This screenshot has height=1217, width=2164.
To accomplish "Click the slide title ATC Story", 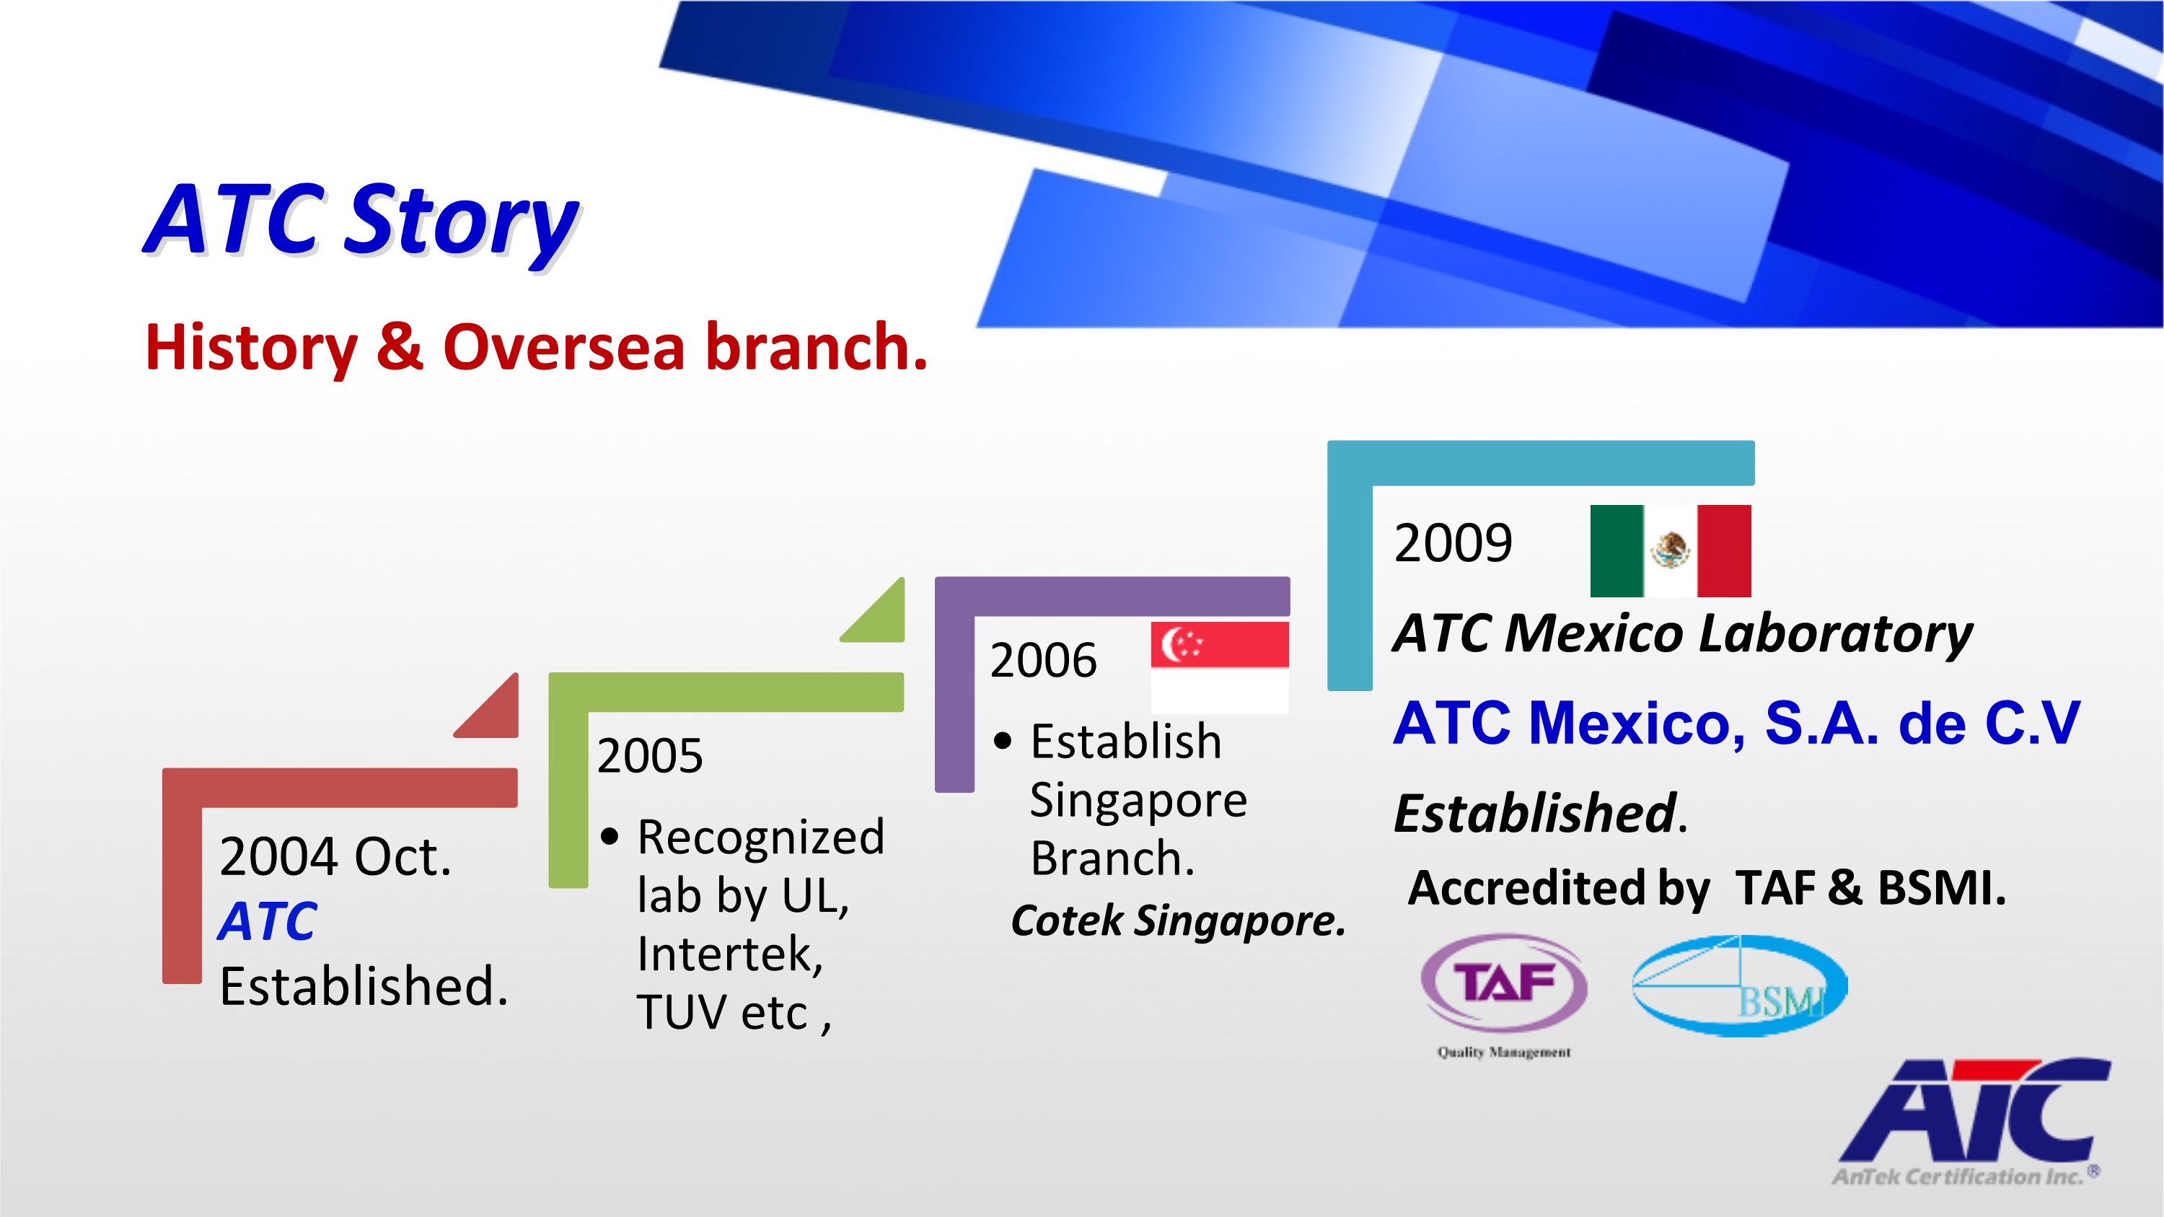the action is click(361, 221).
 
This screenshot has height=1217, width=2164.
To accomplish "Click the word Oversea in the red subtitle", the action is click(563, 346).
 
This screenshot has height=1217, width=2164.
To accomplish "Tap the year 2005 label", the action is click(649, 755).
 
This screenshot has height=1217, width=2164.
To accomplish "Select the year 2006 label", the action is click(1043, 659).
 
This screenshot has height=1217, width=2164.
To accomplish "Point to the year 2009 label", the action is click(1453, 542).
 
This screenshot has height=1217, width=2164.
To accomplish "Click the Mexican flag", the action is click(1670, 551).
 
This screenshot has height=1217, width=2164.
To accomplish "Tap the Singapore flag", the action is click(1219, 668).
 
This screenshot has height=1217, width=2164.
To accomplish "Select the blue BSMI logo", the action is click(1739, 986).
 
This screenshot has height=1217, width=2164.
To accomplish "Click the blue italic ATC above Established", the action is click(267, 921).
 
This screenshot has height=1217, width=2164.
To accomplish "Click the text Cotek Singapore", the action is click(1178, 921).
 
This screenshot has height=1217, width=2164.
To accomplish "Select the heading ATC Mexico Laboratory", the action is click(1683, 633).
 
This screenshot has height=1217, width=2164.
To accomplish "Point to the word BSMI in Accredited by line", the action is click(1941, 888).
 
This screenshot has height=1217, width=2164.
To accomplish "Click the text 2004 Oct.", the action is click(335, 857).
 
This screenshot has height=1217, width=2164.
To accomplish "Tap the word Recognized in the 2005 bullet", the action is click(761, 838).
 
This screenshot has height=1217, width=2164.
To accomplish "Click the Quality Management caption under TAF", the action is click(1504, 1053).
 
